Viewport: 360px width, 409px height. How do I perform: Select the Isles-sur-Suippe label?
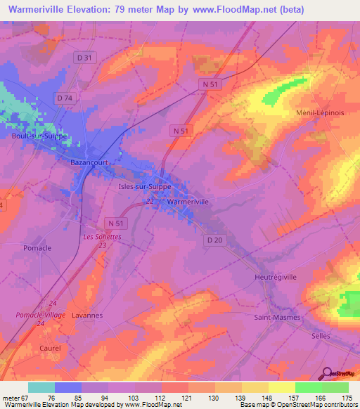click(143, 187)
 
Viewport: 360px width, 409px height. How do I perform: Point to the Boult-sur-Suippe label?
click(39, 136)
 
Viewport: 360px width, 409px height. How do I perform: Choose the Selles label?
click(321, 336)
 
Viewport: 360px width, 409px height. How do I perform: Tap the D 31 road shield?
click(84, 57)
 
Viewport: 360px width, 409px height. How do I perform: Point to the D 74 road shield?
click(65, 98)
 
